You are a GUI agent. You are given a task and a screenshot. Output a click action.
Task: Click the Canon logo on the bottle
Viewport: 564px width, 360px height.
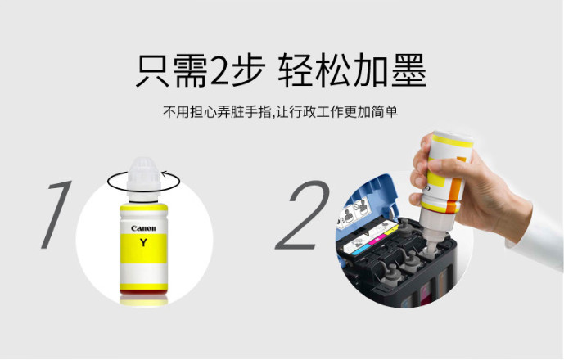point(143,228)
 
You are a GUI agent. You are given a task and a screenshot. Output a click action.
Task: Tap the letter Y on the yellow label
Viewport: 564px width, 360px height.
point(143,243)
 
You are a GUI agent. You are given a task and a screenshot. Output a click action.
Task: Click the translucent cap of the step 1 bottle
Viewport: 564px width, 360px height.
point(143,175)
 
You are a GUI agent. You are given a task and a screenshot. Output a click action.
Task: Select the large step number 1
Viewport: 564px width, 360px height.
point(56,214)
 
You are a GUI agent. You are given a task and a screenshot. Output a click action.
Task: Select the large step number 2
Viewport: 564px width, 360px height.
point(303,215)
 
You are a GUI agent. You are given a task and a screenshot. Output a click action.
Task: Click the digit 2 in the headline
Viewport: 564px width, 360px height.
point(219,71)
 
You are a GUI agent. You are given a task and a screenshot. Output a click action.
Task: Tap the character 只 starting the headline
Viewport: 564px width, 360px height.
point(153,70)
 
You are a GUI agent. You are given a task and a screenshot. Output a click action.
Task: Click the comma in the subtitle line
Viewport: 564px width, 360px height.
point(273,116)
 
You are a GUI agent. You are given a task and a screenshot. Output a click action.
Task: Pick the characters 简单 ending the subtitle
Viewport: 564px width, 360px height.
point(385,112)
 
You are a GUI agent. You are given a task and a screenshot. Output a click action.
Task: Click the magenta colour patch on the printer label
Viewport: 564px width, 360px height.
point(377,240)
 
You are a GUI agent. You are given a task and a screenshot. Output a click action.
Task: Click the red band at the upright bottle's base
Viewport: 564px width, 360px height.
point(143,292)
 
